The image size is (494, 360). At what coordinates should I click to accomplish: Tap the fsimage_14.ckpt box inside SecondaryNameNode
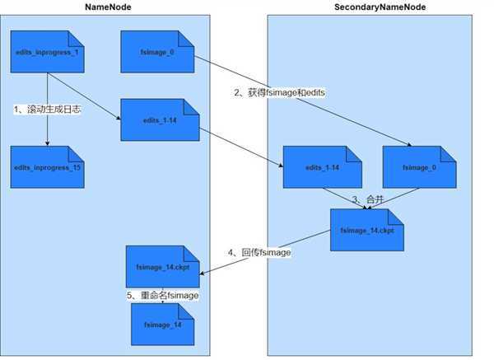pos(366,230)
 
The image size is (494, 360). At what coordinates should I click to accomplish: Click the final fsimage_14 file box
pos(165,324)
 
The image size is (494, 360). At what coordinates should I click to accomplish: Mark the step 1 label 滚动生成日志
pos(47,109)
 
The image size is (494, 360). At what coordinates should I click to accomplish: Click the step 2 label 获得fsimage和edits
pos(279,92)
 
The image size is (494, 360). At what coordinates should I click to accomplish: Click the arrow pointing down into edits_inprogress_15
pos(47,132)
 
